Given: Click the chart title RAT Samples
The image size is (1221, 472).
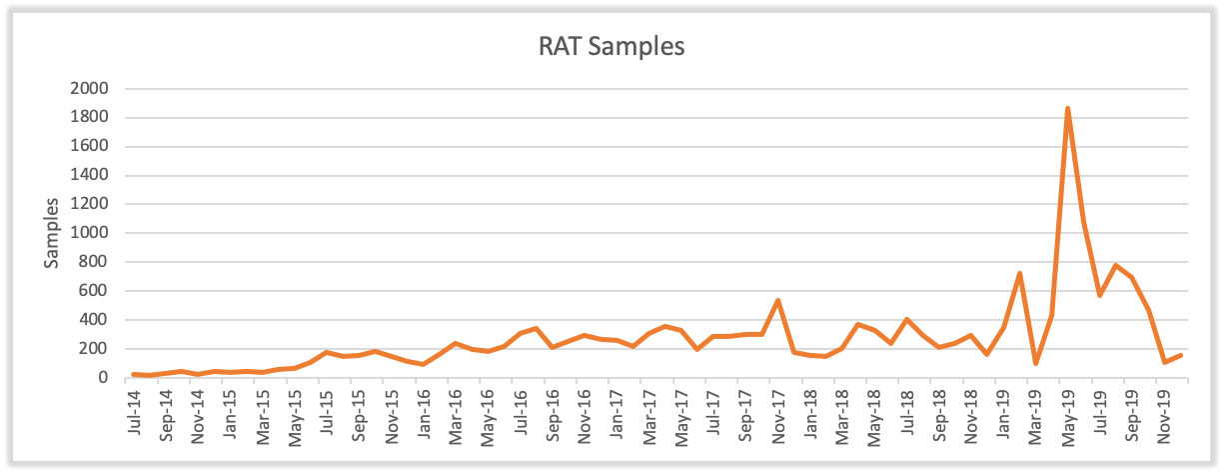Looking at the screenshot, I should coord(610,47).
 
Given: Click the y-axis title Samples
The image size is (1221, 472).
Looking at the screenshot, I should coord(52,232).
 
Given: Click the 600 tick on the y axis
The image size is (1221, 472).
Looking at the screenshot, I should coord(95,292).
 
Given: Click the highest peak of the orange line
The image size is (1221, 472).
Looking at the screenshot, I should coord(1067,108).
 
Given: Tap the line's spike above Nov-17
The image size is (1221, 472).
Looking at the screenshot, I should coord(777,300).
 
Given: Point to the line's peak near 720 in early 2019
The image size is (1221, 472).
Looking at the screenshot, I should coord(1019,273).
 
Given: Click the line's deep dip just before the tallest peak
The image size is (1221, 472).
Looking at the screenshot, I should coord(1035,363).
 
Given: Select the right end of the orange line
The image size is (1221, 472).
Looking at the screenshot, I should coord(1181,355).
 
